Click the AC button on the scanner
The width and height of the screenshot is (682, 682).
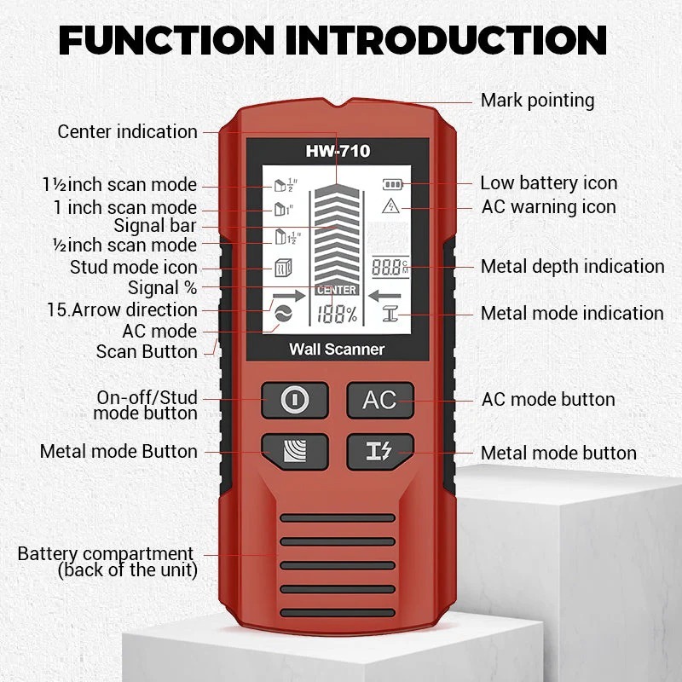pyautogui.click(x=379, y=400)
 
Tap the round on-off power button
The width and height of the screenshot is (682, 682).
pyautogui.click(x=294, y=400)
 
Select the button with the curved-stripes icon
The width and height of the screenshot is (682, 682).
pyautogui.click(x=294, y=450)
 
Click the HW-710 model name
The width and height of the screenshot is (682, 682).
pyautogui.click(x=338, y=152)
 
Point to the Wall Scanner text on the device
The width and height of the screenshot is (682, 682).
pyautogui.click(x=337, y=349)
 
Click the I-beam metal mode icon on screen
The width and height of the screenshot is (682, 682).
pyautogui.click(x=391, y=315)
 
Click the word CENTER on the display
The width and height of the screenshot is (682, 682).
pyautogui.click(x=337, y=291)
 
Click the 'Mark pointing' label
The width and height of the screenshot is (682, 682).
pyautogui.click(x=537, y=101)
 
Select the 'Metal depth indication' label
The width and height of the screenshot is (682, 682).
pyautogui.click(x=572, y=267)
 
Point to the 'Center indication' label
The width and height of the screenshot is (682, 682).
pyautogui.click(x=128, y=132)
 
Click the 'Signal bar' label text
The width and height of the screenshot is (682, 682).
pyautogui.click(x=155, y=227)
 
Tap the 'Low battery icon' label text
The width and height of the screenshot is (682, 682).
pyautogui.click(x=548, y=183)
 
